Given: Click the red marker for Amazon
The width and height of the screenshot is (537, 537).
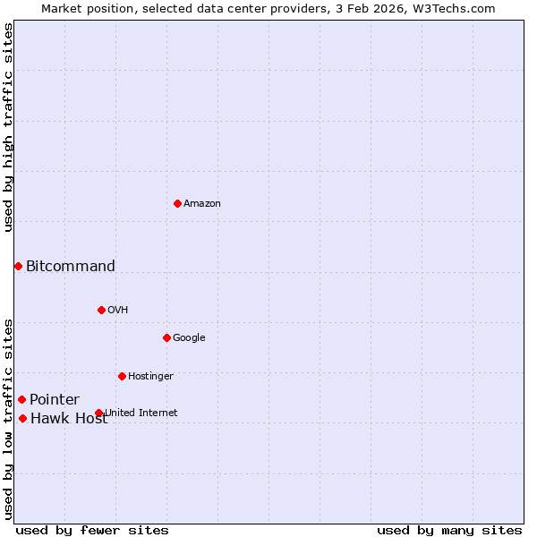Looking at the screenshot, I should (x=177, y=204).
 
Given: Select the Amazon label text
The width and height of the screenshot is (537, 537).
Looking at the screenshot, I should (x=202, y=204).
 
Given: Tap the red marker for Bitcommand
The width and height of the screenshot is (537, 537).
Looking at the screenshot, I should (x=18, y=266).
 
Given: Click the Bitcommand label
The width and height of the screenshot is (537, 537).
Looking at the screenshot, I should (x=71, y=266).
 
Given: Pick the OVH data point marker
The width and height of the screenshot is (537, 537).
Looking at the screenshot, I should (x=101, y=310).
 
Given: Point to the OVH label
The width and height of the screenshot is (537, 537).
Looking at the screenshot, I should (x=118, y=311).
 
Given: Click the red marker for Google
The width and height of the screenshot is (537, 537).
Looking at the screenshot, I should (x=166, y=337).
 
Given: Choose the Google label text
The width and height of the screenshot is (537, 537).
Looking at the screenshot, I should (x=189, y=338).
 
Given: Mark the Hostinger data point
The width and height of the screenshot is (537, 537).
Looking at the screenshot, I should (x=122, y=376).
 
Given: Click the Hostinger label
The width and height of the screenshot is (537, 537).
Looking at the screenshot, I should (x=150, y=377).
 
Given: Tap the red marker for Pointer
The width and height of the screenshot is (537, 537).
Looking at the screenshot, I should (x=21, y=399).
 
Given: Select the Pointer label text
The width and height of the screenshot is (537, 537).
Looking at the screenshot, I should (x=55, y=400).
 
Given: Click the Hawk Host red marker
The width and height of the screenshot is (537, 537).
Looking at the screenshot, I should (x=22, y=418).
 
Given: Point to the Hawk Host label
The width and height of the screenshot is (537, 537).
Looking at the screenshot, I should (x=69, y=419).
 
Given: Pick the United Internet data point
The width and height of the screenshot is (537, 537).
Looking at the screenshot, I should (x=98, y=413).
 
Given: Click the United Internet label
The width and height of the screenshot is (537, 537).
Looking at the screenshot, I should (x=141, y=413).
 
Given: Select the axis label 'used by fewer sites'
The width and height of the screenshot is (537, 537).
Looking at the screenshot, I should (x=92, y=530).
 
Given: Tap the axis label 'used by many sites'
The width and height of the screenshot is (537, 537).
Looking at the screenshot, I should (x=449, y=530).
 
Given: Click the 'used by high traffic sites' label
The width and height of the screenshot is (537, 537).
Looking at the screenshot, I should (x=8, y=127).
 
